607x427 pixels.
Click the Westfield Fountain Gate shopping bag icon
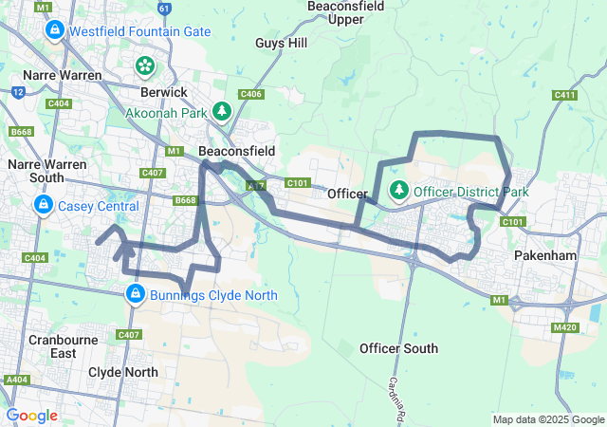click(x=54, y=31)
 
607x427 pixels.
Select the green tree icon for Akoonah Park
click(x=222, y=112)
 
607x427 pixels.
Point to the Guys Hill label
click(x=282, y=43)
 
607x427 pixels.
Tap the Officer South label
click(x=398, y=348)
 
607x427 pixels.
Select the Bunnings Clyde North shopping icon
click(x=136, y=294)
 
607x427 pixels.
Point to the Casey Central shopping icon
click(x=44, y=205)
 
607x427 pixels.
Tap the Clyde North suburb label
click(x=122, y=372)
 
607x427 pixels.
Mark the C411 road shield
click(x=564, y=95)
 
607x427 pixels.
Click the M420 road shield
click(x=564, y=327)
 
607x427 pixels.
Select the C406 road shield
click(x=251, y=94)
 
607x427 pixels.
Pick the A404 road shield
click(x=16, y=379)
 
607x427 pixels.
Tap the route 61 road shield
click(x=165, y=9)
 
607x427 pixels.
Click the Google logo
click(x=31, y=415)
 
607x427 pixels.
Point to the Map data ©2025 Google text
click(x=547, y=419)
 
